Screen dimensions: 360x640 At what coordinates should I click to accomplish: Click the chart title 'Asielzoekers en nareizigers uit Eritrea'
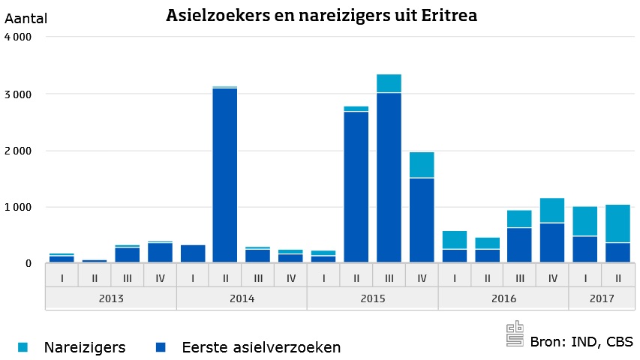click(x=321, y=15)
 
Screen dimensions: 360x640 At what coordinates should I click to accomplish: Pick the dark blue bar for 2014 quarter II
click(x=225, y=175)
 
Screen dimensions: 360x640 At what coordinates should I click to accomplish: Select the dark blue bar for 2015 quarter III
click(x=389, y=178)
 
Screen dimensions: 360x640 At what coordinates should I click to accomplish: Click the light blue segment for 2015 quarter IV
click(x=421, y=165)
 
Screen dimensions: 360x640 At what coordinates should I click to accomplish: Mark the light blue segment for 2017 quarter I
click(x=584, y=221)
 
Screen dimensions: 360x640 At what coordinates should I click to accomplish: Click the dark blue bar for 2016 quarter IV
click(x=551, y=242)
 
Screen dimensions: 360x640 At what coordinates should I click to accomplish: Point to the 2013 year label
click(x=110, y=298)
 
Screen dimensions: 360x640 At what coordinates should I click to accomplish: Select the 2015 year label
click(x=372, y=298)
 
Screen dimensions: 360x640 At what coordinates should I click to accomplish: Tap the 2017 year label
click(x=601, y=298)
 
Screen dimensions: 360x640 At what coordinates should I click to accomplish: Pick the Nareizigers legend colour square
click(x=23, y=347)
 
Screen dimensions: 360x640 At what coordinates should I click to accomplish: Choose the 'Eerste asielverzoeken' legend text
click(x=261, y=347)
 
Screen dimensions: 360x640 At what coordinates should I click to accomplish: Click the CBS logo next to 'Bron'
click(x=515, y=335)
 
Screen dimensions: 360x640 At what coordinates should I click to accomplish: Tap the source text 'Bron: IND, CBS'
click(x=581, y=342)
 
